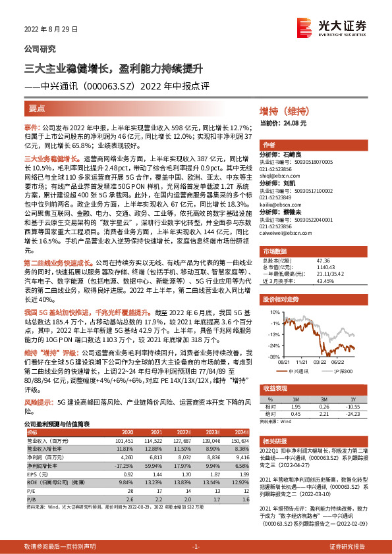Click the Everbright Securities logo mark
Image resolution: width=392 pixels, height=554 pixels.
[304, 28]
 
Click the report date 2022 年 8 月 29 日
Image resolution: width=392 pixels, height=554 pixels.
[51, 30]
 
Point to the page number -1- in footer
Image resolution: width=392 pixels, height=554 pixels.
[195, 547]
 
